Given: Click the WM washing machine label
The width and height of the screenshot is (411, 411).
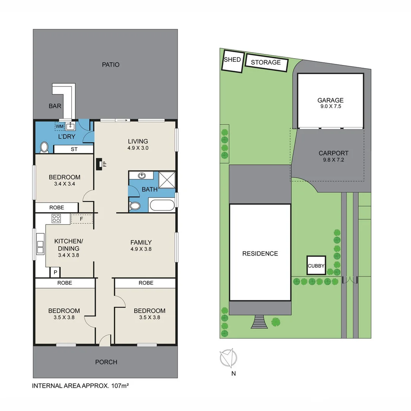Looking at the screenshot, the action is click(59, 126).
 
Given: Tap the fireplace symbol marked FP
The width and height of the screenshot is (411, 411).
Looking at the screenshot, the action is click(99, 164).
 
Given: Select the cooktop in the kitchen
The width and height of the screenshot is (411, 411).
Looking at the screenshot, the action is click(56, 218).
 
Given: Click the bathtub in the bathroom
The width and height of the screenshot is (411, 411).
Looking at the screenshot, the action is click(161, 205).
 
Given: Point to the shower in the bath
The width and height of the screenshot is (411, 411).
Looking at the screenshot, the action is click(167, 180).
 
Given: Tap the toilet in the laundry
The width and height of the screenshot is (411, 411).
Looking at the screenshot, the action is click(44, 148).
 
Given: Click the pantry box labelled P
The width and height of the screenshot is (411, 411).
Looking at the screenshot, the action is click(55, 272).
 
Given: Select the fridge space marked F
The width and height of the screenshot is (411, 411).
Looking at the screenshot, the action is click(81, 219).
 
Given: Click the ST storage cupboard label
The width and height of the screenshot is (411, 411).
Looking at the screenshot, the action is click(74, 149).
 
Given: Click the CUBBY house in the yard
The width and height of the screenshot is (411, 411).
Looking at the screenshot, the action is click(316, 265).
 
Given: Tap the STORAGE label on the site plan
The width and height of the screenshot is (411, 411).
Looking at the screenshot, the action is click(266, 62).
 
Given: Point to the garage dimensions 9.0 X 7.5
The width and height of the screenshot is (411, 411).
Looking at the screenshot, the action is click(331, 106).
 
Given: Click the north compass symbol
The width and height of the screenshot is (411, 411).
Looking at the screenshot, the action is click(228, 358).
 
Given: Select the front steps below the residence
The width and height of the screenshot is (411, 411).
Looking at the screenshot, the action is click(259, 322).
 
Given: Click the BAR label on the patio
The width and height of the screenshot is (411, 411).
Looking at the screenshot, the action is click(55, 106).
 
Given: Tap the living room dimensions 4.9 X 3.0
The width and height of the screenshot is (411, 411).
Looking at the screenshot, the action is click(138, 148).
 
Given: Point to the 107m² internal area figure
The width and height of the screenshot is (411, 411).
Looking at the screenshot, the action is click(120, 386).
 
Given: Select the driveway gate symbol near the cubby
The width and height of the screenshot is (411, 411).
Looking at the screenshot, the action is click(350, 280).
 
